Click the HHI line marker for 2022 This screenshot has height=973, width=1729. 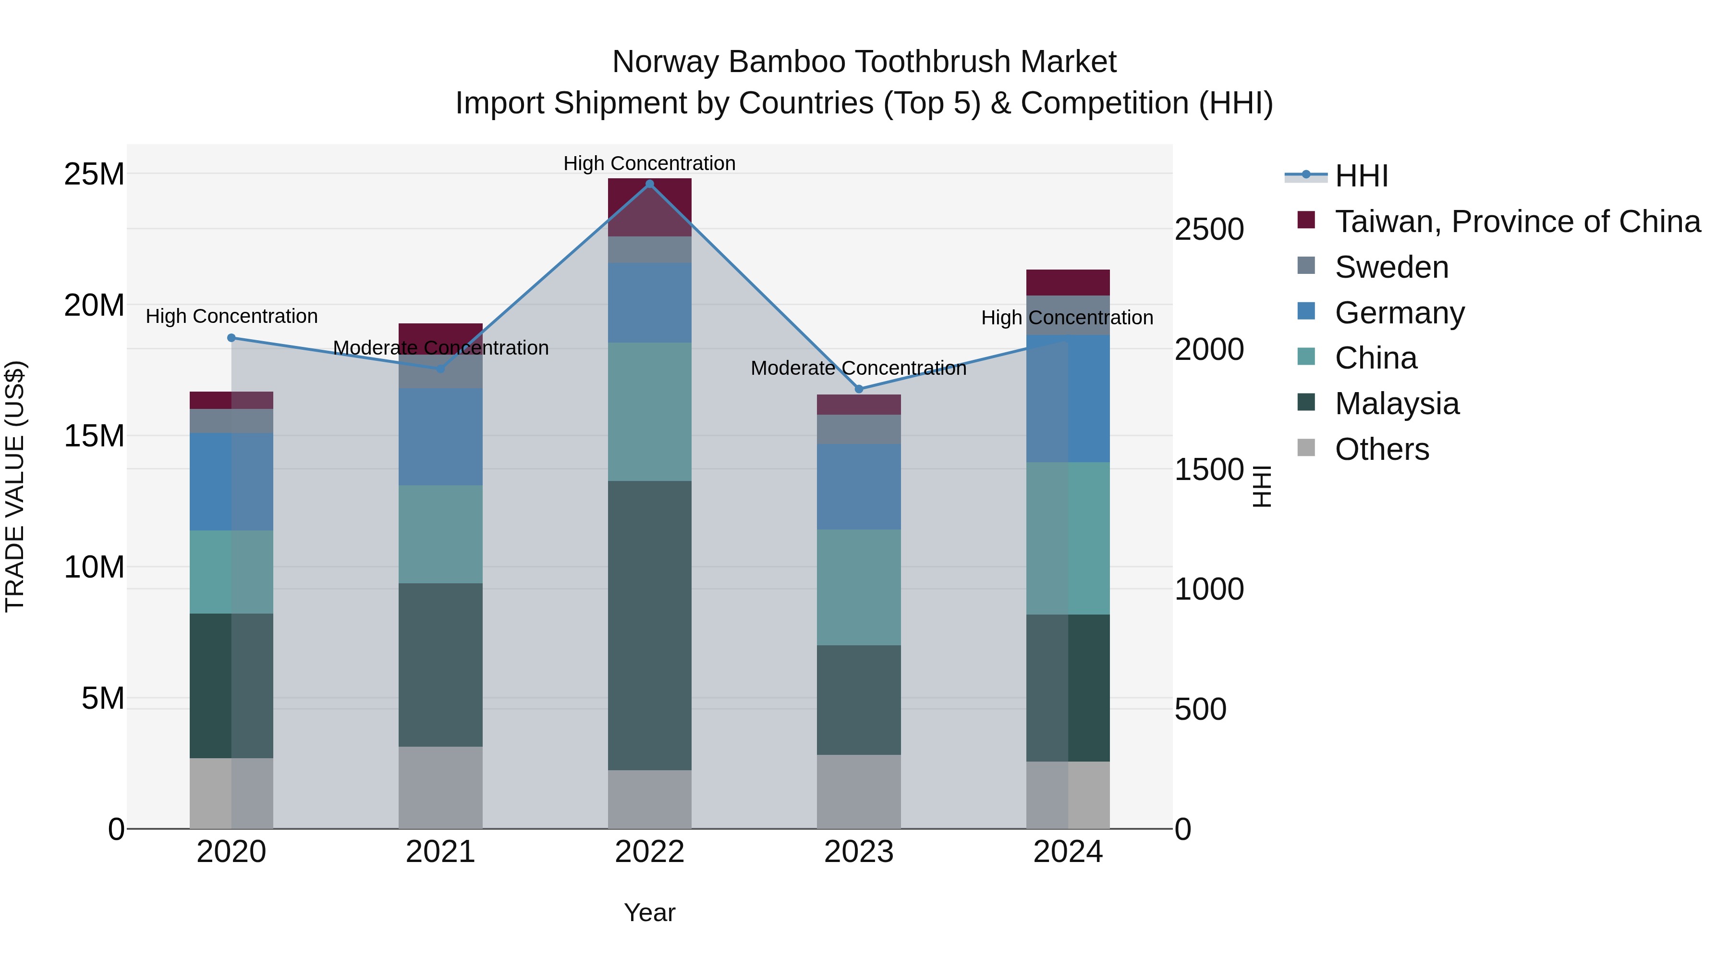649,184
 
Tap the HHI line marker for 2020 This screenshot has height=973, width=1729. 231,338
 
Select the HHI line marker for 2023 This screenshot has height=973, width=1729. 858,389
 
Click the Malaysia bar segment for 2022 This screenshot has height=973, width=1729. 649,625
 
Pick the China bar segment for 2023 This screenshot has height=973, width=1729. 858,588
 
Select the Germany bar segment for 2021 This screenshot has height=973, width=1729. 440,436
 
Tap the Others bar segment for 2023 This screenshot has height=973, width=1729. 858,792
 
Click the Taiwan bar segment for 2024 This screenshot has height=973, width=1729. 1067,283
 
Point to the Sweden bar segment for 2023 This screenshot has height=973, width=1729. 858,429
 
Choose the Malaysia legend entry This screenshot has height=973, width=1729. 1396,404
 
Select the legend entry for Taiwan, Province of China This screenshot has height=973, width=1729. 1517,222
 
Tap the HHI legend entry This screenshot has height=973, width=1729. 1361,176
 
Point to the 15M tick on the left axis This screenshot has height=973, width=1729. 94,436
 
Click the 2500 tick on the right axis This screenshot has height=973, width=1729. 1209,230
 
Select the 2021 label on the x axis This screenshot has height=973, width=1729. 440,852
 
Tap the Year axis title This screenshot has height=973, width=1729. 649,912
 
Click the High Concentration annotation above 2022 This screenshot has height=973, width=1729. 649,163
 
